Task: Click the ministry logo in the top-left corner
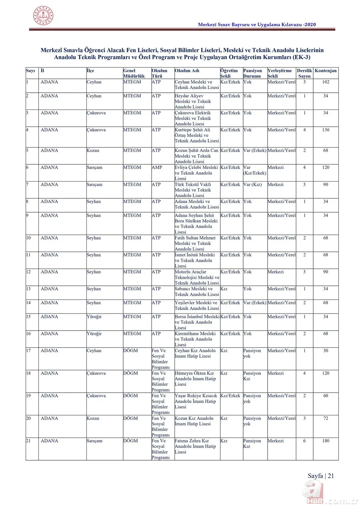pos(43,16)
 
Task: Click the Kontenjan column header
pos(326,71)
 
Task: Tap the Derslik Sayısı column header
pos(304,73)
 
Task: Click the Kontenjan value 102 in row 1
pos(326,82)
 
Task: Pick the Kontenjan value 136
pos(326,130)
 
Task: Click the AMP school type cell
pos(157,168)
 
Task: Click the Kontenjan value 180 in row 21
pos(326,441)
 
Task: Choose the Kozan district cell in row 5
pos(93,151)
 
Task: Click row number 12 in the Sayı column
pos(29,272)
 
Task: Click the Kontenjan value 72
pos(326,419)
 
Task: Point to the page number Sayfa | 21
pos(321,476)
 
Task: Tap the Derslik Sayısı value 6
pos(304,441)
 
